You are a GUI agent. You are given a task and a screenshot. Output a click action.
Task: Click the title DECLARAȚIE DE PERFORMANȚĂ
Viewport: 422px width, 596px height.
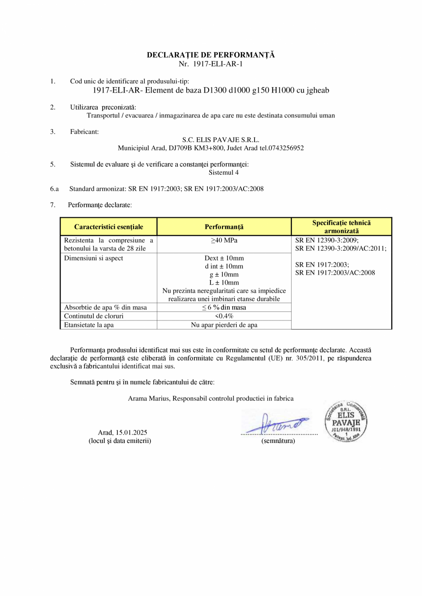(x=211, y=55)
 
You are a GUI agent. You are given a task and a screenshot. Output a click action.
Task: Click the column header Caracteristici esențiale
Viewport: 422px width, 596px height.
(x=109, y=227)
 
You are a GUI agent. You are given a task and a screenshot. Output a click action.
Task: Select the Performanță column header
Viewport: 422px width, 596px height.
(x=224, y=227)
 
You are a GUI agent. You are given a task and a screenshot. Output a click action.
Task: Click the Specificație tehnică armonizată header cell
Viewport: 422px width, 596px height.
(x=341, y=227)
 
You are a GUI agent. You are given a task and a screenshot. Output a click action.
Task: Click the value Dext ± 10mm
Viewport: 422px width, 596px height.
(x=224, y=258)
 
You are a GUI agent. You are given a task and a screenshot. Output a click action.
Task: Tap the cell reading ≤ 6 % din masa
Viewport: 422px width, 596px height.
(x=224, y=307)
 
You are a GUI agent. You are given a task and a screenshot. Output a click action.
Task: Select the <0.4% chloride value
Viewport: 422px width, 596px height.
(x=224, y=316)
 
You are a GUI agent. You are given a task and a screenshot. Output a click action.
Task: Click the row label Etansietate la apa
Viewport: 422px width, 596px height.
(x=89, y=325)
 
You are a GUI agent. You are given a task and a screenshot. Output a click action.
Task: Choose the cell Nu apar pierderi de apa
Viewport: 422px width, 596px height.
(x=224, y=325)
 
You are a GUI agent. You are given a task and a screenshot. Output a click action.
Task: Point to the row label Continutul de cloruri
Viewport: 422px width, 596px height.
(x=94, y=316)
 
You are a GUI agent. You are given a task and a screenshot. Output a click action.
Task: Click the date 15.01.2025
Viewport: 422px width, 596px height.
(x=131, y=432)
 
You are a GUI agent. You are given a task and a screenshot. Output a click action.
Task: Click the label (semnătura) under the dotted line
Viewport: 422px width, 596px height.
(x=278, y=441)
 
